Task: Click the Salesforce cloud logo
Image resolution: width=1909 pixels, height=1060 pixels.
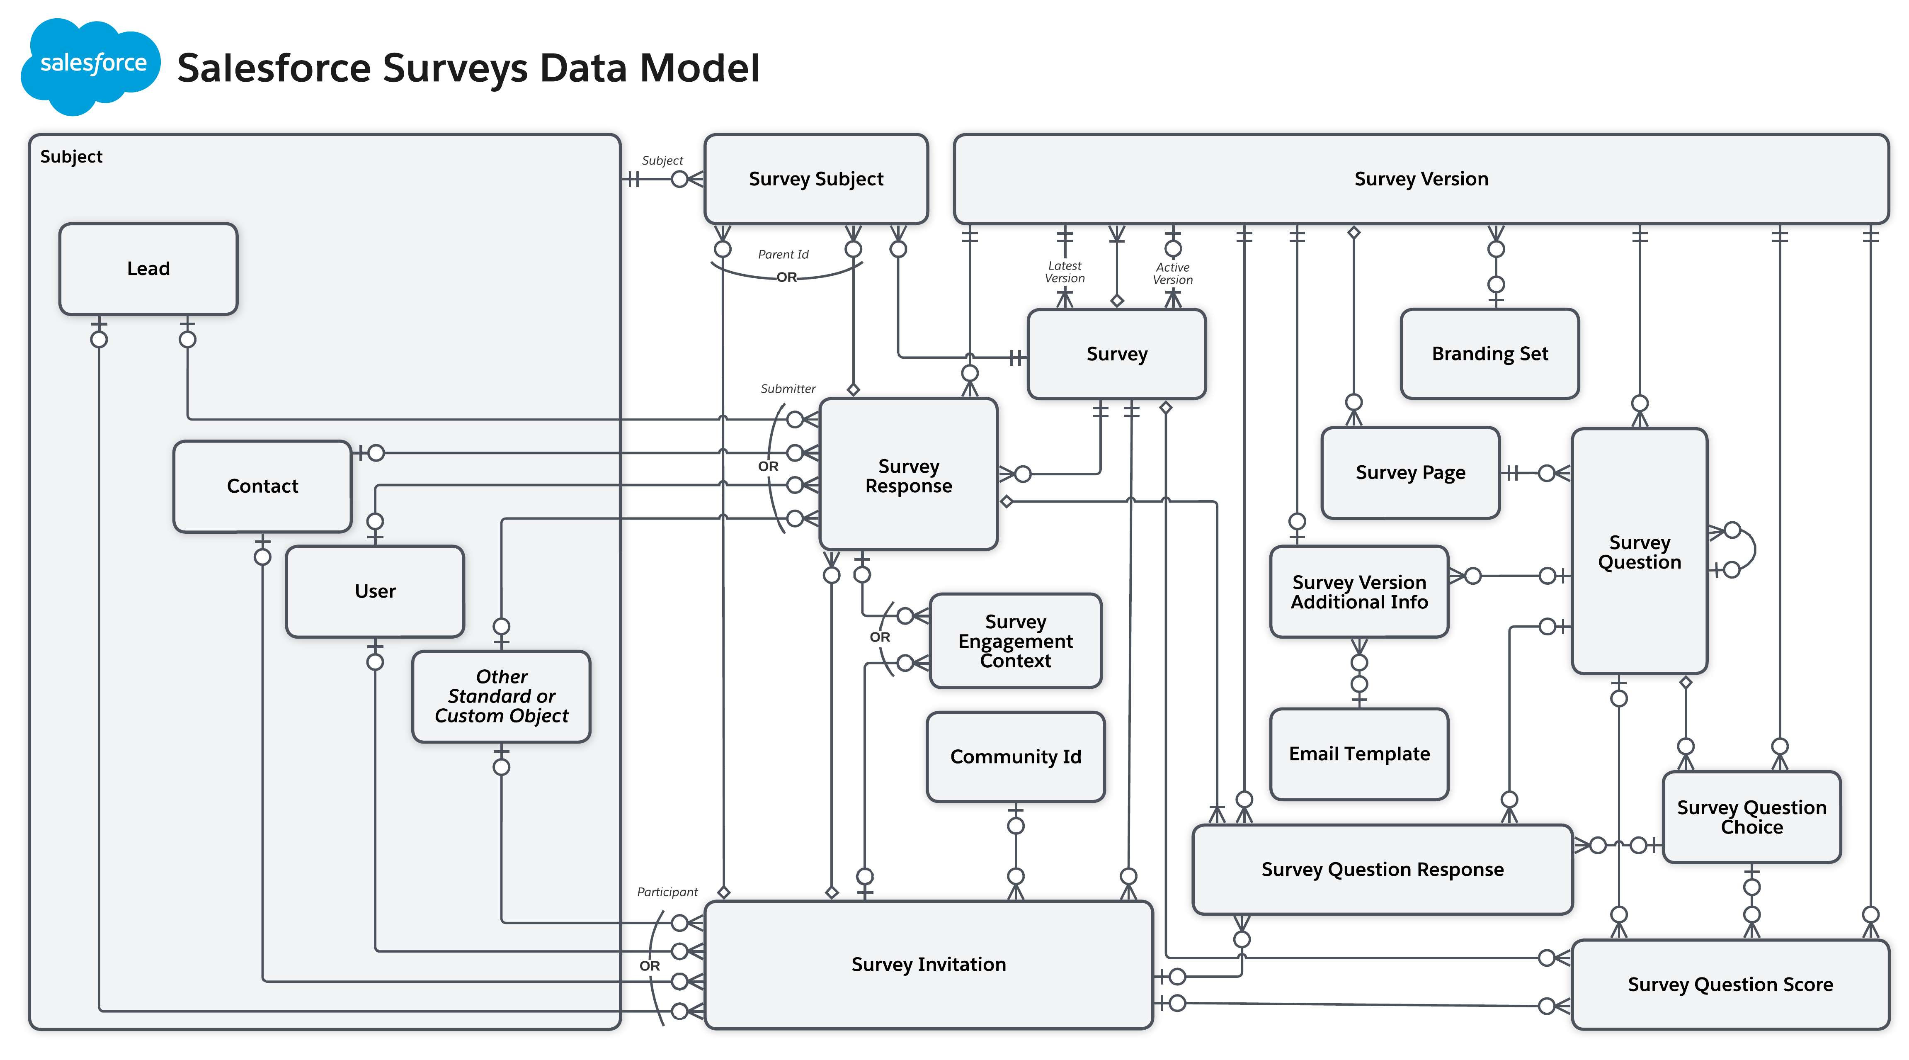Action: [90, 65]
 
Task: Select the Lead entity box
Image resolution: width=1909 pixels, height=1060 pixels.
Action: [148, 268]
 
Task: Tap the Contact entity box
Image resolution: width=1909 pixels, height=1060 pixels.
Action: [262, 486]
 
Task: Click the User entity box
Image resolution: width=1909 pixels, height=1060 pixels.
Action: [375, 591]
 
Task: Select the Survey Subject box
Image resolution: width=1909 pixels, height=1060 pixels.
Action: [816, 179]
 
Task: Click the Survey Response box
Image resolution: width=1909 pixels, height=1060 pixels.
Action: [909, 475]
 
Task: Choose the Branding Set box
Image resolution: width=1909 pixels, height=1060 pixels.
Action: [1489, 354]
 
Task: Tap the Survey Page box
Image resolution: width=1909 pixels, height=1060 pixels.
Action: [1410, 472]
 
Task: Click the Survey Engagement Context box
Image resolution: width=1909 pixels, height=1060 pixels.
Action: [1015, 641]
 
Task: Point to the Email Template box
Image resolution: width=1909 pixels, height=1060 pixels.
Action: [1359, 754]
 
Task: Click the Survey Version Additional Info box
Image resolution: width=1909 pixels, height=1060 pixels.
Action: [1359, 591]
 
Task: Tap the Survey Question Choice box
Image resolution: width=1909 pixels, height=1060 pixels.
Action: [1751, 817]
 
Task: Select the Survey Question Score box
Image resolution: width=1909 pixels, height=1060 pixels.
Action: [1730, 985]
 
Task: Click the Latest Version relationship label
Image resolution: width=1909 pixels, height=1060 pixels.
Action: [1064, 272]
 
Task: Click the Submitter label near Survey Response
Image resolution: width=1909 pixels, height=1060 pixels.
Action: [788, 389]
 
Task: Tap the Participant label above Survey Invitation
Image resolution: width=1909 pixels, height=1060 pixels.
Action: [667, 892]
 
